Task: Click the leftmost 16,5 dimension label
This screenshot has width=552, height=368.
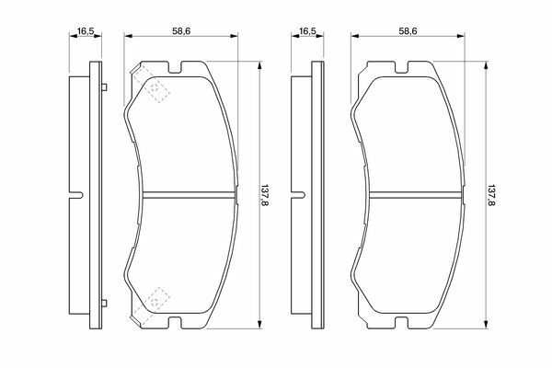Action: (x=86, y=31)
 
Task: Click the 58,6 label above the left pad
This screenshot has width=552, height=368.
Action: (x=181, y=31)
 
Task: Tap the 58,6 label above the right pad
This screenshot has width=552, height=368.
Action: (x=408, y=31)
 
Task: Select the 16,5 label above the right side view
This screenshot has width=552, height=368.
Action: (x=307, y=31)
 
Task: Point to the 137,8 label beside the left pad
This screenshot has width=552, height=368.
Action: (x=264, y=195)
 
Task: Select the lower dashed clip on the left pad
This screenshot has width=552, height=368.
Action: (x=151, y=305)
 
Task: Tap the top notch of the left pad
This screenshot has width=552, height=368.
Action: (x=175, y=68)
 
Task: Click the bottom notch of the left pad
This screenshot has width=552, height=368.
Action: (x=175, y=322)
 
